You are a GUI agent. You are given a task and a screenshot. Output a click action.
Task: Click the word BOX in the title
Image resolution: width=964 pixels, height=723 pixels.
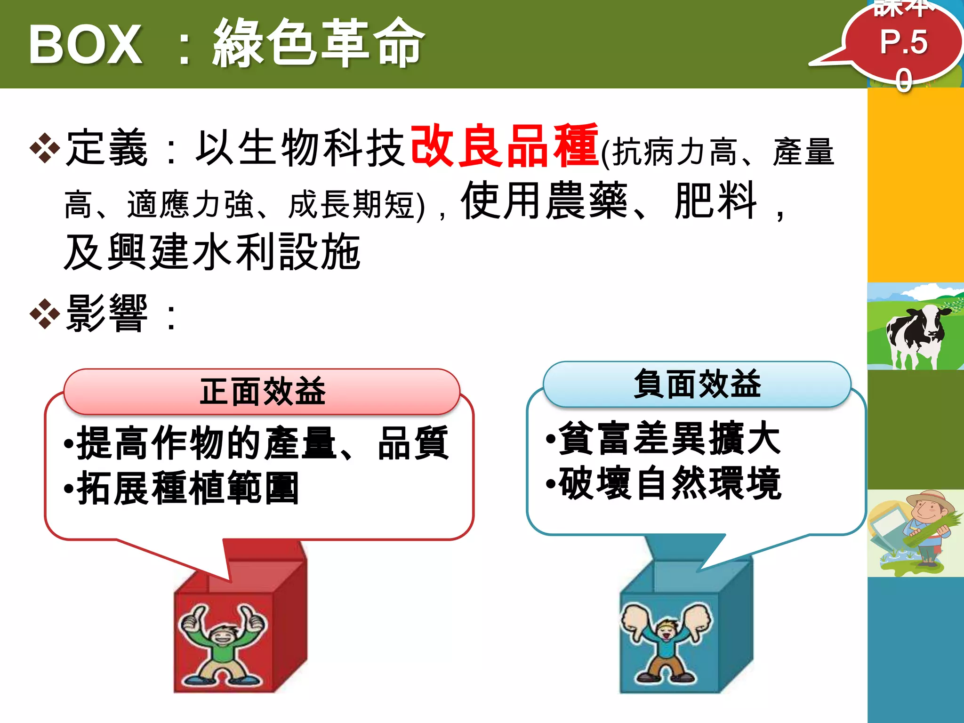85,45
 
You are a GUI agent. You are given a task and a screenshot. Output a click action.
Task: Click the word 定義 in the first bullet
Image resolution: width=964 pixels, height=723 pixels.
107,148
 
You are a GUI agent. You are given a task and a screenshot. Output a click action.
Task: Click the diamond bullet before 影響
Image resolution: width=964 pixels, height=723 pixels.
45,313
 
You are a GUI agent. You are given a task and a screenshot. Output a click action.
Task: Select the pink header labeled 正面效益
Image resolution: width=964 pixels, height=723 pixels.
262,391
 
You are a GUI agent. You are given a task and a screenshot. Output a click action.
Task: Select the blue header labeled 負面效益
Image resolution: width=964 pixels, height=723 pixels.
697,384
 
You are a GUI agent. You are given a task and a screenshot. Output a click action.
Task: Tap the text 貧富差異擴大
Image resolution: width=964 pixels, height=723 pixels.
669,438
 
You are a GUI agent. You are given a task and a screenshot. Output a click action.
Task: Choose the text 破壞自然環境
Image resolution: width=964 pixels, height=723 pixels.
669,483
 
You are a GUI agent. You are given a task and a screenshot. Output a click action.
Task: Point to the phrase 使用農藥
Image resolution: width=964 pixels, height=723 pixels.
544,201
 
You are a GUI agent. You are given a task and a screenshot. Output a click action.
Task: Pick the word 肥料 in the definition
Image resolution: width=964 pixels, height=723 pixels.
715,201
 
